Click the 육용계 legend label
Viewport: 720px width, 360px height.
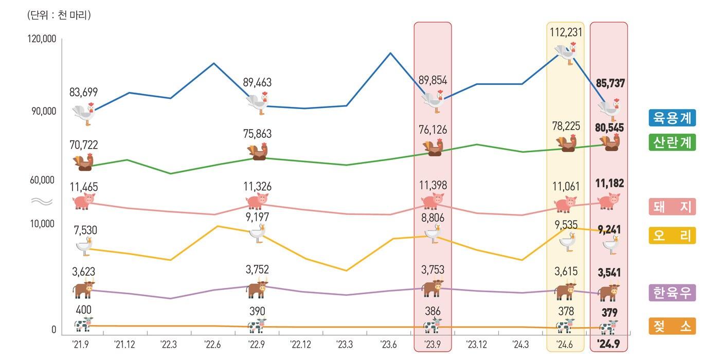(x=672, y=118)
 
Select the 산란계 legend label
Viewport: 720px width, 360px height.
(x=672, y=142)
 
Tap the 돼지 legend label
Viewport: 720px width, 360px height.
(x=672, y=206)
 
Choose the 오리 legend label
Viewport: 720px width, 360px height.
(x=672, y=235)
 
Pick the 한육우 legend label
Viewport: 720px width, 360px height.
(x=672, y=293)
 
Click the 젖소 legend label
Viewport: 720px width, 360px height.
(x=672, y=326)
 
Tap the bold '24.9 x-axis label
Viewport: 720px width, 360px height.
(x=608, y=344)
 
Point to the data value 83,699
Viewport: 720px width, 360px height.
(x=83, y=93)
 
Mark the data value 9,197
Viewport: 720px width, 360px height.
(x=257, y=217)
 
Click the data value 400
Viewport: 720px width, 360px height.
(x=83, y=310)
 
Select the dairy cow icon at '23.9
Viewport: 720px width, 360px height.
(x=432, y=326)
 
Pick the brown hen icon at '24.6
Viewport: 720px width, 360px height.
(x=566, y=144)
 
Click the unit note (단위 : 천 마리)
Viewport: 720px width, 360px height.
(x=59, y=15)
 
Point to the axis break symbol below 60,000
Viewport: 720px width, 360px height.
(x=42, y=202)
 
